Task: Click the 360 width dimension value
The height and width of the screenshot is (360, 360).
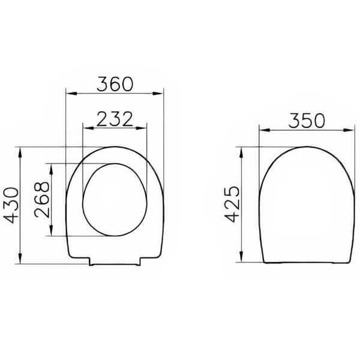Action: tap(115, 83)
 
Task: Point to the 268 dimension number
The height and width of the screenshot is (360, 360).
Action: tap(43, 199)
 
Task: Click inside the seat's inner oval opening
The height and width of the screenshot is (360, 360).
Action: tap(115, 198)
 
